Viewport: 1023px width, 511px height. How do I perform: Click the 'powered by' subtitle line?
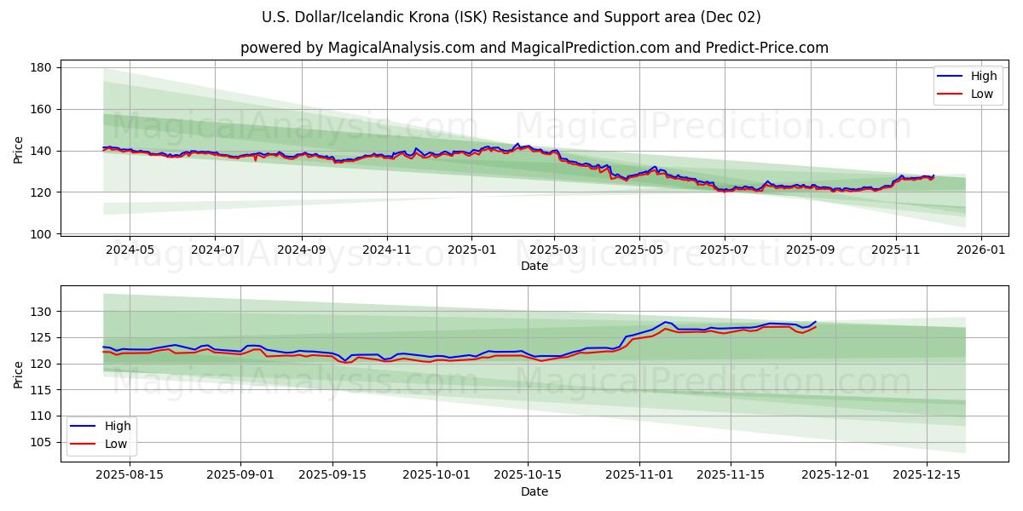coord(535,48)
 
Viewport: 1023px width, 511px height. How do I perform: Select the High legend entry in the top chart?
coord(971,77)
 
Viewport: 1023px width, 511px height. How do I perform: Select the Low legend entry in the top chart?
coord(971,94)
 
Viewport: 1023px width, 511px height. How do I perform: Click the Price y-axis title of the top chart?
coord(19,151)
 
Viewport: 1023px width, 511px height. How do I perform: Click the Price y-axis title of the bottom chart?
coord(19,375)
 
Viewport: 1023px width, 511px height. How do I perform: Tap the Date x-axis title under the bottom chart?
coord(535,492)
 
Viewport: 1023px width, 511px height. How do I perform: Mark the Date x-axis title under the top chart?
coord(535,267)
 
